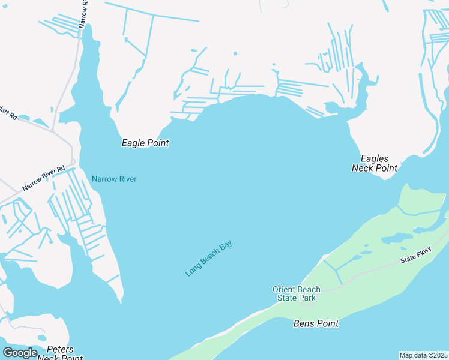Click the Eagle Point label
[x=145, y=143]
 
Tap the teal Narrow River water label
[x=114, y=179]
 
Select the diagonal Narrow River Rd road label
[x=43, y=179]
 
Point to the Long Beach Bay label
[x=208, y=259]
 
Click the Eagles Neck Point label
[x=375, y=163]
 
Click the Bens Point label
[x=316, y=323]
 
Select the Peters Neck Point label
[x=60, y=353]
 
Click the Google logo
[x=20, y=353]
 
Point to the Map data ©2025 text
[x=424, y=355]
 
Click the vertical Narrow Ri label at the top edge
[x=83, y=13]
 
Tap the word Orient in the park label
[x=285, y=289]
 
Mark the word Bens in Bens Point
[x=304, y=323]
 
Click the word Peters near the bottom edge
[x=60, y=349]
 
